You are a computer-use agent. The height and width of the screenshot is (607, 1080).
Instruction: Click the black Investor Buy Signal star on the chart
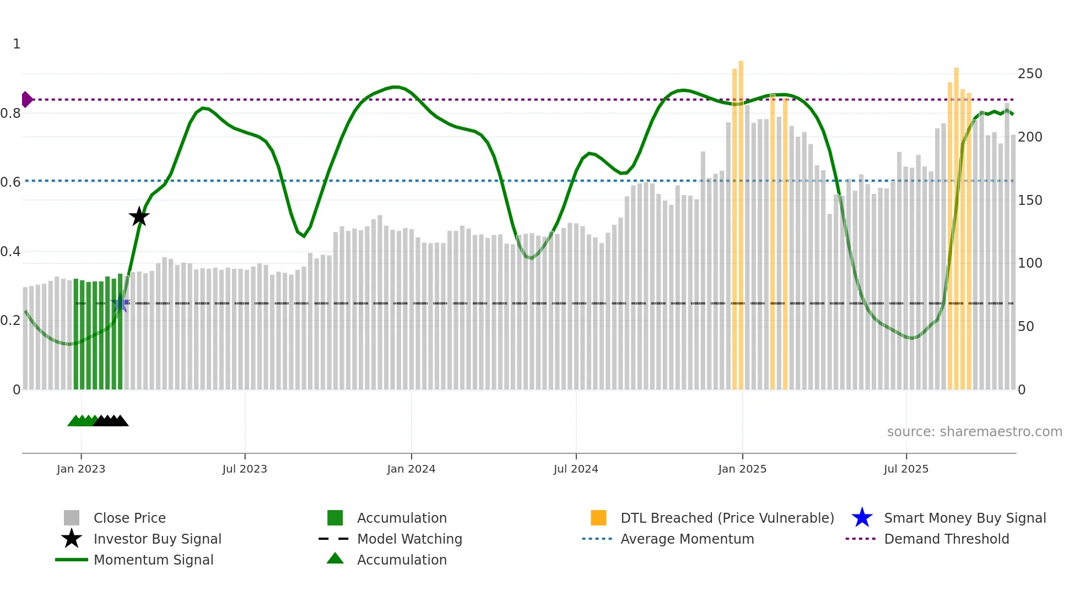(x=139, y=216)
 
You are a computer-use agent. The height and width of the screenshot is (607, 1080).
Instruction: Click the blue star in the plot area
(x=120, y=303)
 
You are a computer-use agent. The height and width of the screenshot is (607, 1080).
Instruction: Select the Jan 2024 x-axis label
(x=411, y=469)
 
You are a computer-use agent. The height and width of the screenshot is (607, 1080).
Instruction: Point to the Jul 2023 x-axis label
(x=245, y=469)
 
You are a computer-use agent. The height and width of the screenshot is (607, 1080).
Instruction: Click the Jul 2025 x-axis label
(x=906, y=469)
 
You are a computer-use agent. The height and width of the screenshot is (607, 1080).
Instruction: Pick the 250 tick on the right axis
(x=1030, y=74)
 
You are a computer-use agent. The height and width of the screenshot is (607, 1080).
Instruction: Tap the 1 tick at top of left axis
(x=17, y=44)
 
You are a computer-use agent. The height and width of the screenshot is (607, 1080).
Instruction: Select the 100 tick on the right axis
(x=1030, y=263)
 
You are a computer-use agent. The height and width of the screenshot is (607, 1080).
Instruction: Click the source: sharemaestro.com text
(x=974, y=432)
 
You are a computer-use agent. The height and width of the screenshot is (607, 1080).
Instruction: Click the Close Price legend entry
(x=129, y=518)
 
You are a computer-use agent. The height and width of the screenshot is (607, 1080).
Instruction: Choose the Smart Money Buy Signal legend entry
(x=964, y=518)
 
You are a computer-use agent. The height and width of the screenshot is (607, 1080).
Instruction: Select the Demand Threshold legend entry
(x=946, y=539)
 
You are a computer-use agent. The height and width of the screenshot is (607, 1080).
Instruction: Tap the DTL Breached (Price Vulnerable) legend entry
(x=727, y=518)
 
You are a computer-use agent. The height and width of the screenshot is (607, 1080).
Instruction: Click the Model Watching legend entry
(x=409, y=539)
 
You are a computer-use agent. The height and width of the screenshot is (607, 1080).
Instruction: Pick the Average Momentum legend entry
(x=687, y=539)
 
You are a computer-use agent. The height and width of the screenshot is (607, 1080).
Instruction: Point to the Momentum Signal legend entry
(x=153, y=560)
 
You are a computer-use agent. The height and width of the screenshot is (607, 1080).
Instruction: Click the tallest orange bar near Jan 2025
(x=741, y=220)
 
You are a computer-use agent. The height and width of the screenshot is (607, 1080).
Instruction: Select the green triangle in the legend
(x=335, y=559)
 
